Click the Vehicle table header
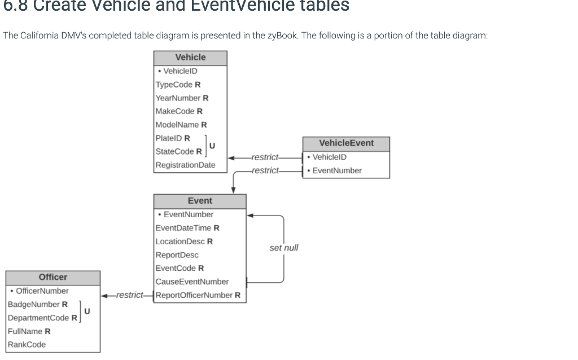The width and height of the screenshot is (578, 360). (190, 58)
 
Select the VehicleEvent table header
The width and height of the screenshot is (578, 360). (346, 143)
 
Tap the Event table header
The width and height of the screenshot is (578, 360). (200, 201)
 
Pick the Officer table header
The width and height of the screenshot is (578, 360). (53, 278)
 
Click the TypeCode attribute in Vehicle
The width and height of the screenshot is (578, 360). (174, 85)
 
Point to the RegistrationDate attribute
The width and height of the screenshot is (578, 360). (185, 165)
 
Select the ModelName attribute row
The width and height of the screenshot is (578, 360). (177, 125)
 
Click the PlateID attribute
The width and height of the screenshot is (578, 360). (169, 138)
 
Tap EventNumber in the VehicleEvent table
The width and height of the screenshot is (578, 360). (337, 170)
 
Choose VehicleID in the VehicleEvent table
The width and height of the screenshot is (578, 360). (330, 157)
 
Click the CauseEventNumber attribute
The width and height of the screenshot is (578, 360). (192, 282)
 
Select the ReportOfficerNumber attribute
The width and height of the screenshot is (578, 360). (194, 295)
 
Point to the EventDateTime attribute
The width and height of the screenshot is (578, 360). (183, 228)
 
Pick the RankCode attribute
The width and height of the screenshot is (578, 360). (27, 345)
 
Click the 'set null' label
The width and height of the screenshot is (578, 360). (284, 248)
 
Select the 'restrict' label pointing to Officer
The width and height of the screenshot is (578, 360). (129, 295)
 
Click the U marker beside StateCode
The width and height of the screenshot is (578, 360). (212, 146)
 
